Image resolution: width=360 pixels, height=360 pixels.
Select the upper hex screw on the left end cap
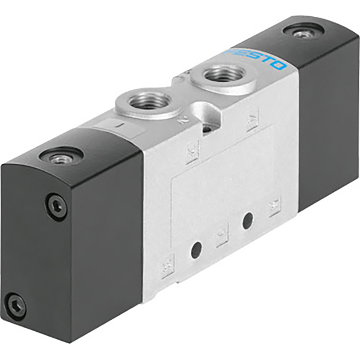tap(56, 207)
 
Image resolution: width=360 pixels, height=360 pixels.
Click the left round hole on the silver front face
tap(195, 249)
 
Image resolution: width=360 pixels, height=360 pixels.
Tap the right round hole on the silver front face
tap(247, 221)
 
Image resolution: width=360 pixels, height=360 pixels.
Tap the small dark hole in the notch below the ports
tap(208, 128)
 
